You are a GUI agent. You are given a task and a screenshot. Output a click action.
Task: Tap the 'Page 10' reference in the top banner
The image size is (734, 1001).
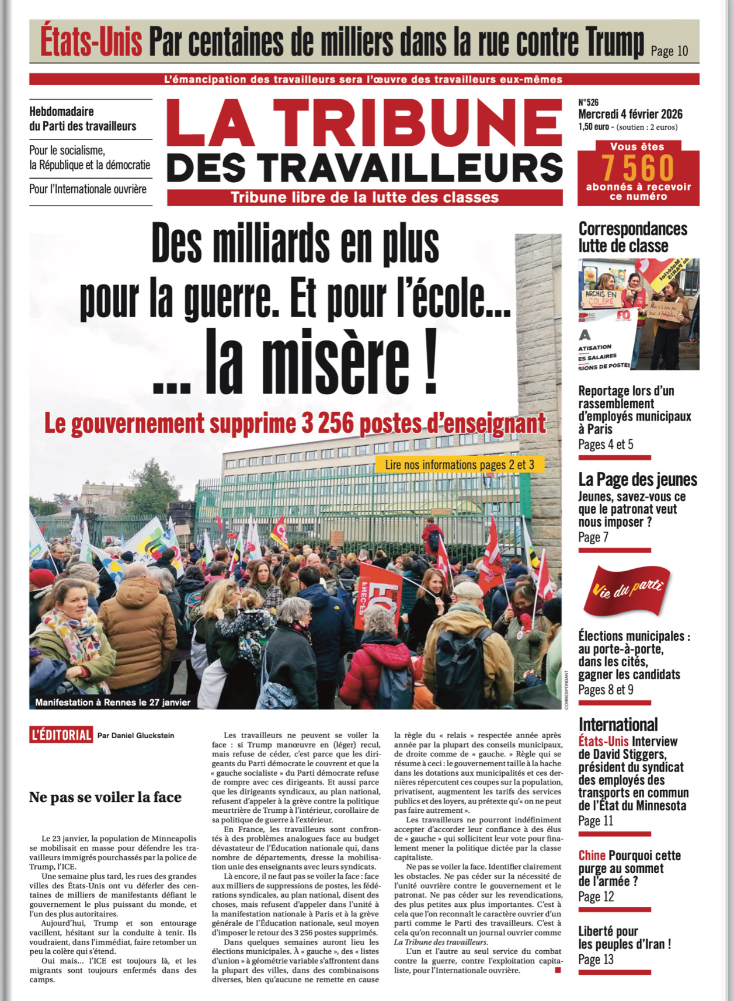669,51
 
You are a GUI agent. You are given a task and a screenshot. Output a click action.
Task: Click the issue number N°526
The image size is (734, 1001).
589,103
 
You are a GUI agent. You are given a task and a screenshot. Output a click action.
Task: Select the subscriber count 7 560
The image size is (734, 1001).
638,168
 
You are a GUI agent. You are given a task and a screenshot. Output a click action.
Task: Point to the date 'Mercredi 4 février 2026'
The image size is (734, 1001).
630,114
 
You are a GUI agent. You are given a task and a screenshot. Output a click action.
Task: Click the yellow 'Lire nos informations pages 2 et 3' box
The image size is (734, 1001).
459,465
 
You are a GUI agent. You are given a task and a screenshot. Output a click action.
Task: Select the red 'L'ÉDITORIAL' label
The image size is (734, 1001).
61,735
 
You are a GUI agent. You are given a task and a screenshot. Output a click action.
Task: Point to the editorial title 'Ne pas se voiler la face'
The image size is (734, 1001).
105,797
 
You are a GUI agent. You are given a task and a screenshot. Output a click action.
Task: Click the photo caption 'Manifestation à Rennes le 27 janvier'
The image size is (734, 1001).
113,702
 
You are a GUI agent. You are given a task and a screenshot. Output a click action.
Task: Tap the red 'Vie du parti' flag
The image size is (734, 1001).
628,592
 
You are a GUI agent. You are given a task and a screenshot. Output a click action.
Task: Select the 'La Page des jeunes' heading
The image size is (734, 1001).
638,479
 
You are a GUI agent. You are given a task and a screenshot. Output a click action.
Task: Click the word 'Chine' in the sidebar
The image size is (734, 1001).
592,856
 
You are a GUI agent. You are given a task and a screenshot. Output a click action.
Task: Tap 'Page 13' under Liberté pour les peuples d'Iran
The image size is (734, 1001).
596,960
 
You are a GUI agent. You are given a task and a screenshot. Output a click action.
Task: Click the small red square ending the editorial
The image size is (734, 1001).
558,970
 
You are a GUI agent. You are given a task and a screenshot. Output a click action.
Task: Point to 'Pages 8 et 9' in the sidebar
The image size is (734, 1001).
606,690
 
